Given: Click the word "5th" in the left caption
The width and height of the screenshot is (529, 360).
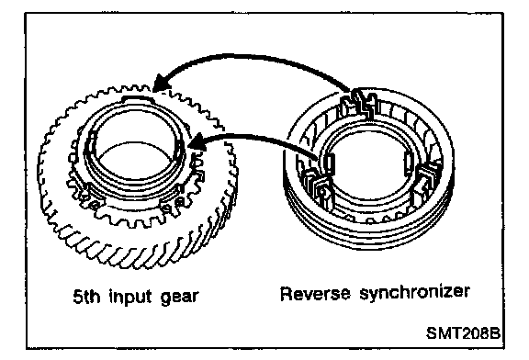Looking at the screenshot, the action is click(x=86, y=298).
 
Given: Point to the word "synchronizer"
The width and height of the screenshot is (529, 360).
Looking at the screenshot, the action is click(x=414, y=293).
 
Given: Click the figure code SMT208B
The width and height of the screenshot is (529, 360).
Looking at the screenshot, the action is click(x=463, y=333).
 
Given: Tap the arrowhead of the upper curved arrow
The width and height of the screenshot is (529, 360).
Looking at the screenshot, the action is click(x=162, y=83).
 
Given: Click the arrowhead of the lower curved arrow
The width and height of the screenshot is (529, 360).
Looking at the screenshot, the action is click(x=197, y=141).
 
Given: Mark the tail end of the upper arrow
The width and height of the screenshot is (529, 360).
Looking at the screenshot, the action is click(x=351, y=91).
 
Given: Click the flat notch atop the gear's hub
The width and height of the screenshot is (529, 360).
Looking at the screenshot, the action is click(x=138, y=98).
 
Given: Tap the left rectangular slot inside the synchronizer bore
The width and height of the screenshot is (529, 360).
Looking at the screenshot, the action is click(x=329, y=163).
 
